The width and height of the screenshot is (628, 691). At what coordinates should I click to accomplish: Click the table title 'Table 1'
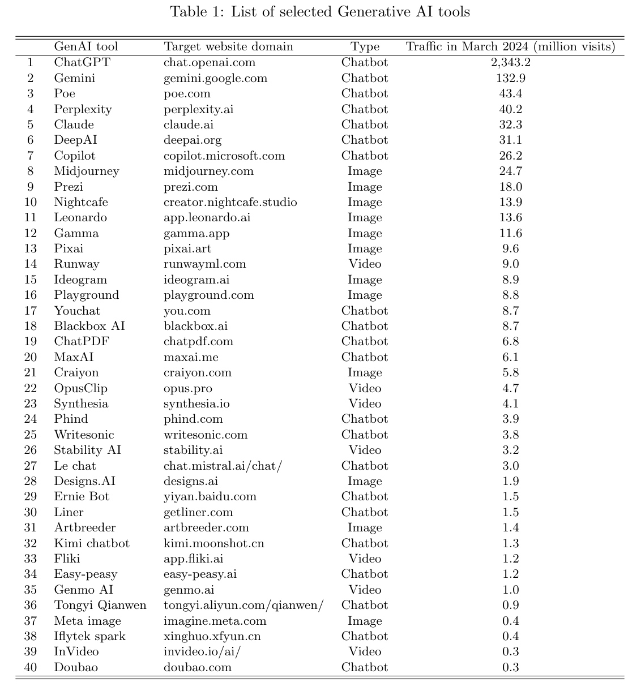[x=320, y=11]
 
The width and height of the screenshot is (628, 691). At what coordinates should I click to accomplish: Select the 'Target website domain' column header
[x=228, y=46]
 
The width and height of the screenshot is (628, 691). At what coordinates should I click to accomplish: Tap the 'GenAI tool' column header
[x=86, y=46]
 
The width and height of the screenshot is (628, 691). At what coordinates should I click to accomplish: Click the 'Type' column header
[x=365, y=46]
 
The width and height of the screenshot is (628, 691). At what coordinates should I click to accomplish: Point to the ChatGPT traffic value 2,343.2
[x=510, y=62]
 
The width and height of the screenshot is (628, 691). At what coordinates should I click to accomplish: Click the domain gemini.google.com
[x=215, y=78]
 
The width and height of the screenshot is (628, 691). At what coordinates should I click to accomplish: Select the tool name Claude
[x=74, y=125]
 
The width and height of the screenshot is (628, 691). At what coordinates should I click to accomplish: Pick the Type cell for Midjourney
[x=365, y=171]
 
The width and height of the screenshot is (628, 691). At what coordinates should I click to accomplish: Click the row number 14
[x=31, y=264]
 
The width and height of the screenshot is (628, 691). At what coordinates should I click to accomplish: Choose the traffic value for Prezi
[x=510, y=187]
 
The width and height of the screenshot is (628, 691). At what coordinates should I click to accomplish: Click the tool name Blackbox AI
[x=89, y=326]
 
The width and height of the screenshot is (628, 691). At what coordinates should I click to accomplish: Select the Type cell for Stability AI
[x=365, y=450]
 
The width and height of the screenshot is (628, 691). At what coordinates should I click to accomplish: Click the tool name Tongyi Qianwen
[x=100, y=605]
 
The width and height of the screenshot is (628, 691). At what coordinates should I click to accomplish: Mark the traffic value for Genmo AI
[x=510, y=590]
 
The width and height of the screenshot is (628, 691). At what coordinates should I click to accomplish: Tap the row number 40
[x=31, y=667]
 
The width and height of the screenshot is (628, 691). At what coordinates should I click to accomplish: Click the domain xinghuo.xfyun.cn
[x=212, y=636]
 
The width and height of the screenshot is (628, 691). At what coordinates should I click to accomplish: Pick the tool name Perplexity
[x=83, y=109]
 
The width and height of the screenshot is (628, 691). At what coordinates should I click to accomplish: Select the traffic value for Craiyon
[x=510, y=372]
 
